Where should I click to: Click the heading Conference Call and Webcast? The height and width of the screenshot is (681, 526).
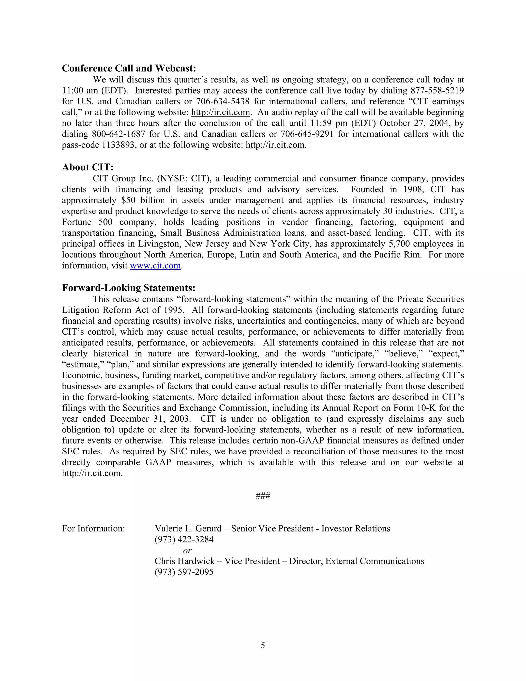[x=129, y=68]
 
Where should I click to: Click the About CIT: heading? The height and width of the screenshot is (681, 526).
[x=88, y=168]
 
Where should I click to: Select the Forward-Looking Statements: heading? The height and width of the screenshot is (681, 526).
[x=128, y=288]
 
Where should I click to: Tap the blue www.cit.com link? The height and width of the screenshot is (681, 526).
[x=155, y=266]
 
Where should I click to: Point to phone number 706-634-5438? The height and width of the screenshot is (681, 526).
[x=222, y=102]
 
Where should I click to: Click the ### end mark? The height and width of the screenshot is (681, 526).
[x=263, y=496]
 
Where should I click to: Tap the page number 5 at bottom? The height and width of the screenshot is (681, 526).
[x=263, y=646]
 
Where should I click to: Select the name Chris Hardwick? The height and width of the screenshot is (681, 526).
[x=184, y=561]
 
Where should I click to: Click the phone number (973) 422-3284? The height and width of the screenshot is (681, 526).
[x=184, y=539]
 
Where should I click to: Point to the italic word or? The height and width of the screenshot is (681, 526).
[x=187, y=550]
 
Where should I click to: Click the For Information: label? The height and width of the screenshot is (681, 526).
[x=93, y=529]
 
